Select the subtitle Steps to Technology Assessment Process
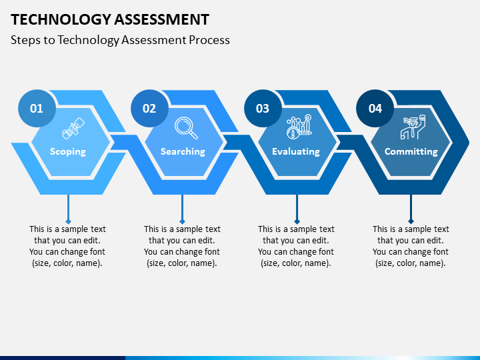coord(120,40)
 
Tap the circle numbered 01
coord(37,108)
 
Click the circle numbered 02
coord(149,108)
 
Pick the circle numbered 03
coord(263,108)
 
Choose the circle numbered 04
coord(375,108)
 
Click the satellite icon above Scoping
coord(73,127)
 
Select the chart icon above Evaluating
coord(299,127)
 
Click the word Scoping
coord(68,151)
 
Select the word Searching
coord(183,151)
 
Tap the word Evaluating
coord(296,151)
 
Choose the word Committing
coord(411,151)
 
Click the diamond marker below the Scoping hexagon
coord(67,221)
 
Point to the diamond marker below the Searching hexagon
coord(182,221)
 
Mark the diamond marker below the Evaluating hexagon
coord(297,221)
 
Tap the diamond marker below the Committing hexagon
coord(411,221)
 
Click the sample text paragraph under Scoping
coord(67,246)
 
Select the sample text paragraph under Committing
coord(411,246)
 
